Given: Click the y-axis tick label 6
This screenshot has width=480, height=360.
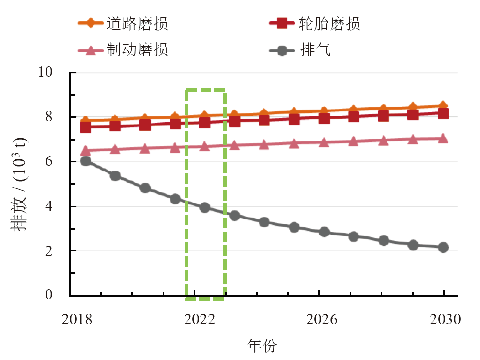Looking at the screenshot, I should point(61,161).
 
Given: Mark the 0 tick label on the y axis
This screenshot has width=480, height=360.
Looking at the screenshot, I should point(61,295).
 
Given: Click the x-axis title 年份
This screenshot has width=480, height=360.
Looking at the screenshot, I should point(262,345).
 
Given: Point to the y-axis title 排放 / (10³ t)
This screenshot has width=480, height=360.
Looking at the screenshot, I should point(22,184).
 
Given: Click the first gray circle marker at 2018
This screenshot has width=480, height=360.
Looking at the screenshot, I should point(86,161).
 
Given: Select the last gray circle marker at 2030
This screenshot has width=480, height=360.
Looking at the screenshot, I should point(443,248).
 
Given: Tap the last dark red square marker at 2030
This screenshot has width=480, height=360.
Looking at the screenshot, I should point(443,114).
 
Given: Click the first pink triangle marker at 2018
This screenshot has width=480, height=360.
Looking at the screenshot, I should point(86,151).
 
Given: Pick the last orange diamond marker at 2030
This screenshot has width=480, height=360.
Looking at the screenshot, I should point(443,106).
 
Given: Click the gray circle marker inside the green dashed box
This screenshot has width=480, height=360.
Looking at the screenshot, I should point(204,207).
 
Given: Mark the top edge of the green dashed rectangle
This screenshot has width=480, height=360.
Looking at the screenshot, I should point(205,90).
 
